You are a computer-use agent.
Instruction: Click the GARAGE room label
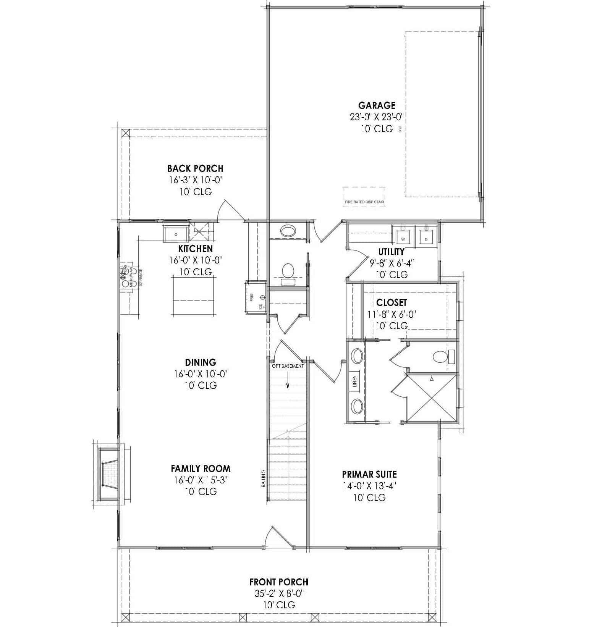click(377, 105)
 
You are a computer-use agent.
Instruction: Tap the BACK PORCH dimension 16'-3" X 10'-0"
click(196, 180)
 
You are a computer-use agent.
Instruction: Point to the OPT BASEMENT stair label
click(288, 366)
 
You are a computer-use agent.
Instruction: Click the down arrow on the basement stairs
click(288, 383)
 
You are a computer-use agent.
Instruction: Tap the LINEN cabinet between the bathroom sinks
click(354, 381)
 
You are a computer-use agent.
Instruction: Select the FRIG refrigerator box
click(255, 297)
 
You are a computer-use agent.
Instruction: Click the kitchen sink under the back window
click(176, 234)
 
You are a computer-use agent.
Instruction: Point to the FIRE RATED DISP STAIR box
click(364, 197)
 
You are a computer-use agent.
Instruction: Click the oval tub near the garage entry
click(288, 231)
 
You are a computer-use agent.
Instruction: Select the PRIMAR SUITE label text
click(369, 474)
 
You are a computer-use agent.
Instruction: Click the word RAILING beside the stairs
click(264, 478)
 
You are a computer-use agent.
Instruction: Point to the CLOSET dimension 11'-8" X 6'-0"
click(392, 314)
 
